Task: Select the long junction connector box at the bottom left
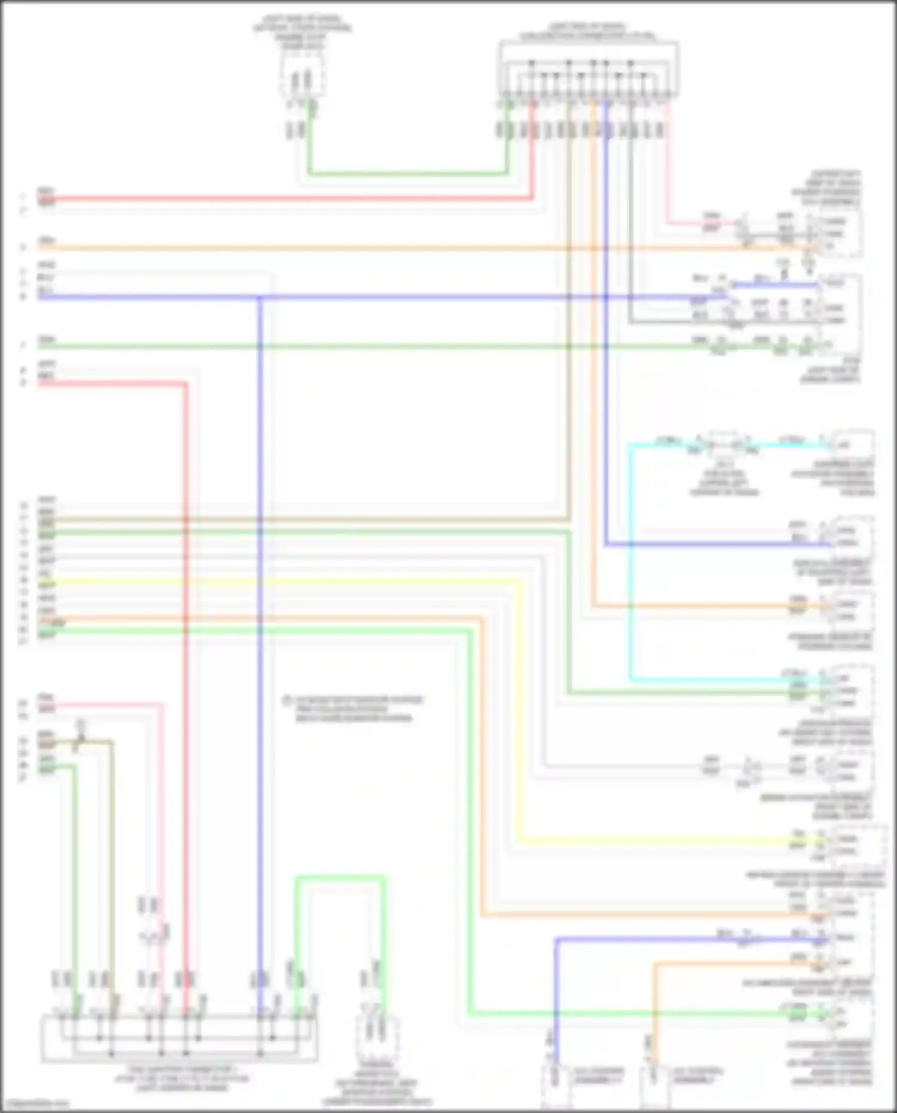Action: coord(179,1039)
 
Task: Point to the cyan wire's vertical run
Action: coord(631,562)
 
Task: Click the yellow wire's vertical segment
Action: coord(518,712)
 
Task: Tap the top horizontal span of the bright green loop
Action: coord(340,877)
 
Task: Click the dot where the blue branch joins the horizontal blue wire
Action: coord(260,297)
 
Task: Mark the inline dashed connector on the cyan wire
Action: coord(725,444)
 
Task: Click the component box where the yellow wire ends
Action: coord(860,844)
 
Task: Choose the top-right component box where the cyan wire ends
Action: coord(854,445)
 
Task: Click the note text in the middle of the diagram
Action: coord(354,709)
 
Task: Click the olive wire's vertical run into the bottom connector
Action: coord(112,867)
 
